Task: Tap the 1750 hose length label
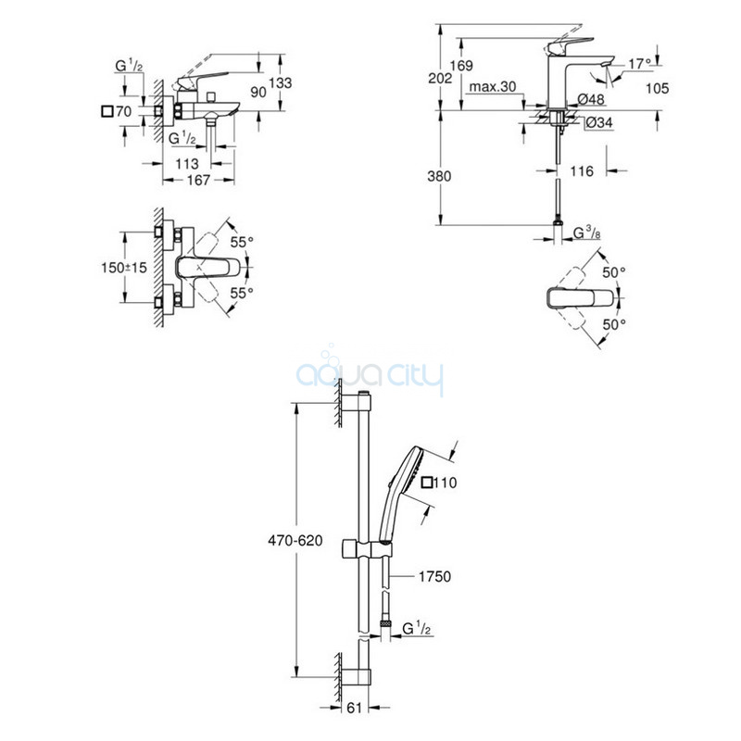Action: click(x=433, y=576)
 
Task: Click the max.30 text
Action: click(x=493, y=87)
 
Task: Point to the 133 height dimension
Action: click(x=280, y=83)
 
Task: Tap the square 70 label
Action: click(x=118, y=111)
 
